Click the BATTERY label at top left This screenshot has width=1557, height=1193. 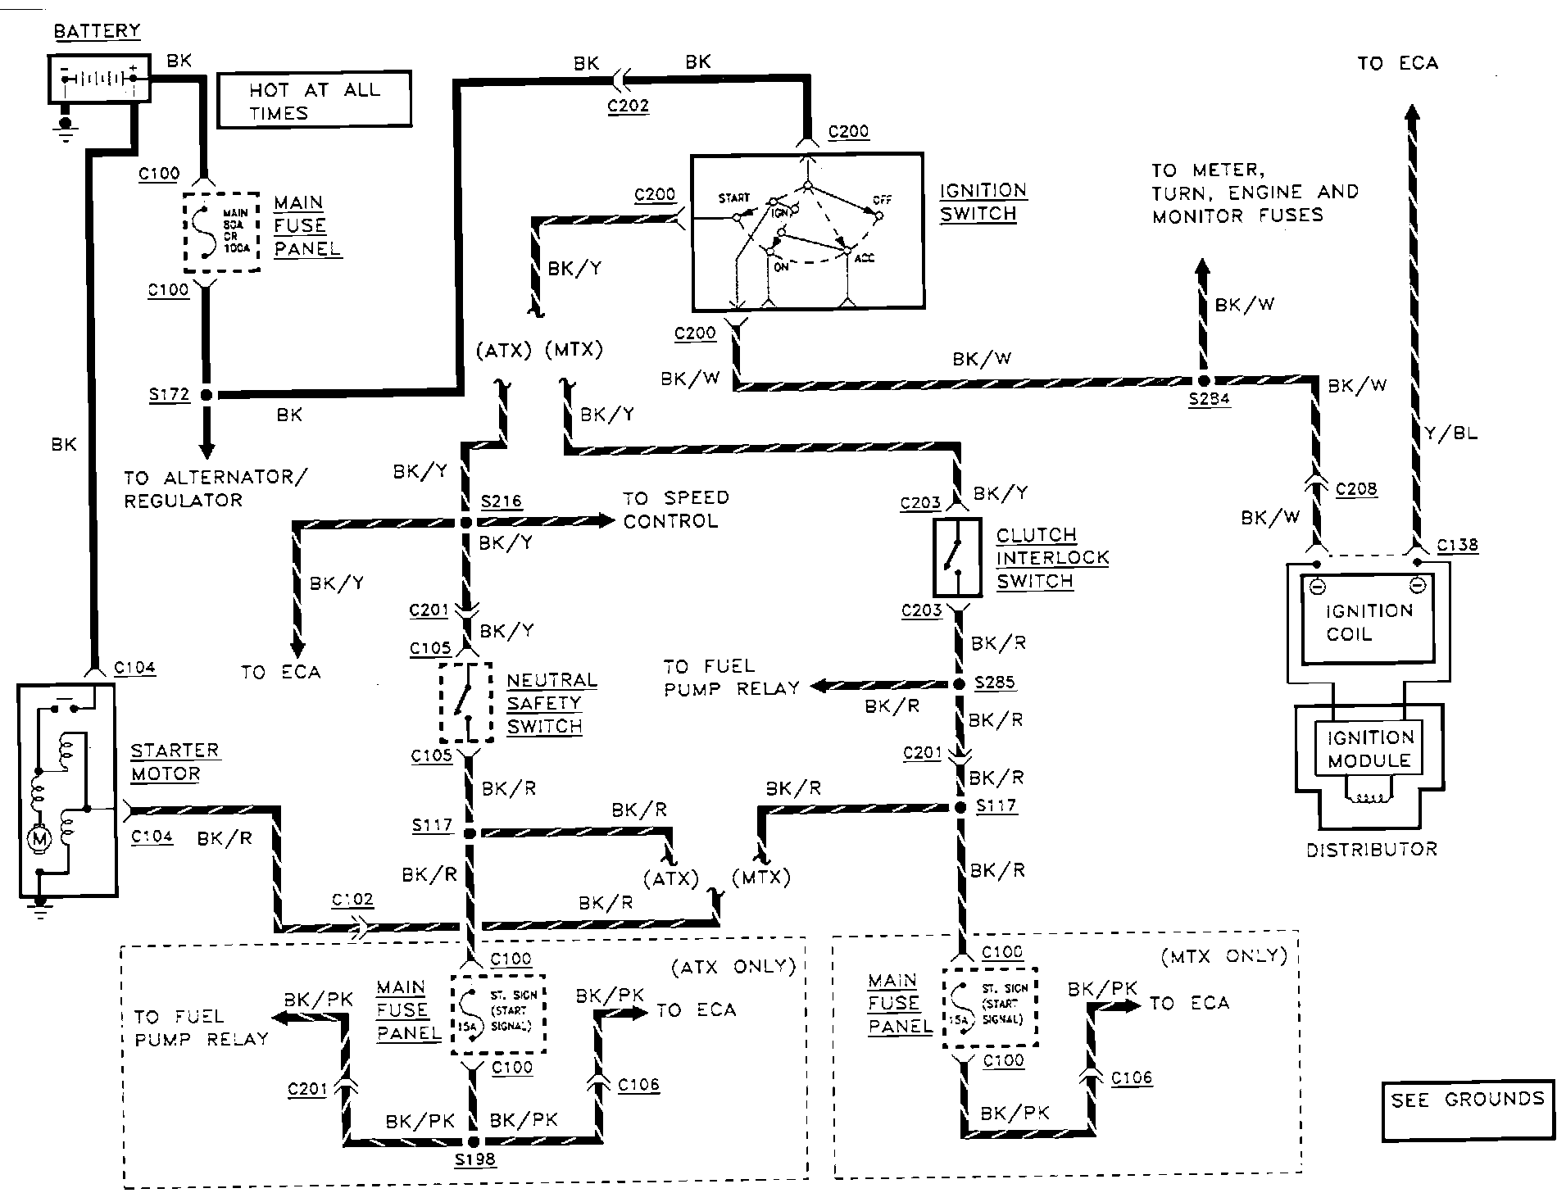[97, 31]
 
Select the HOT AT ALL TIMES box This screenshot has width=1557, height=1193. [315, 100]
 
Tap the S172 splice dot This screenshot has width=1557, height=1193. [207, 395]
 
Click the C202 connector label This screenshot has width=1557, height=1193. [628, 106]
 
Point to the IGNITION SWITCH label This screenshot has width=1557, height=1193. [982, 202]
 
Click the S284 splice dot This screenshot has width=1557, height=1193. [1202, 381]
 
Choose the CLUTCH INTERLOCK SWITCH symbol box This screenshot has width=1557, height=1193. [956, 557]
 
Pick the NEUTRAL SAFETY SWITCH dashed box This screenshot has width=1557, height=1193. [466, 702]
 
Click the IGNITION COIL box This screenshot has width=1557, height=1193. [1369, 621]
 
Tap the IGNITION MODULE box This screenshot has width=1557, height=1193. [1369, 749]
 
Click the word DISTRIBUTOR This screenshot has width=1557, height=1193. [1372, 850]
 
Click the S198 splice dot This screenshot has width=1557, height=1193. [473, 1141]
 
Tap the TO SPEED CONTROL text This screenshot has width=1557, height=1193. [674, 509]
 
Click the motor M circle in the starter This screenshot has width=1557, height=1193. [39, 838]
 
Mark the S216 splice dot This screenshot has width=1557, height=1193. [465, 522]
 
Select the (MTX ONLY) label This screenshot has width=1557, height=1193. [1223, 955]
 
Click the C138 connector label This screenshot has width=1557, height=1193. [1457, 545]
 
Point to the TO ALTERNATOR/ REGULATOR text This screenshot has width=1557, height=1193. [214, 488]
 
